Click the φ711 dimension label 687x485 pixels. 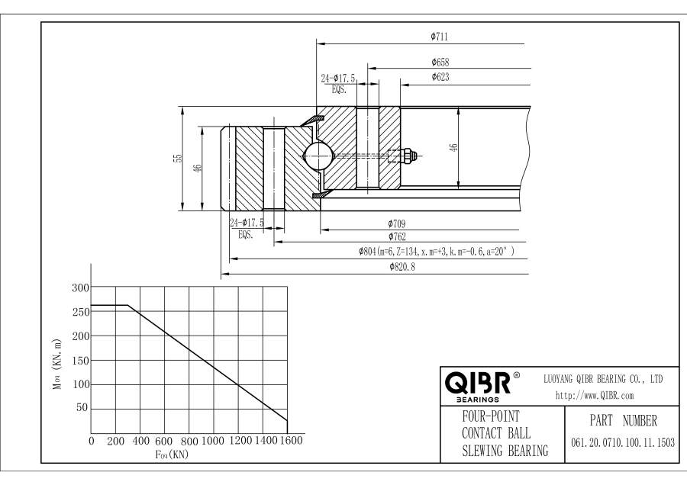pyautogui.click(x=439, y=36)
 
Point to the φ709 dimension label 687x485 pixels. pyautogui.click(x=395, y=223)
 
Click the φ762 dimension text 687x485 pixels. pyautogui.click(x=395, y=237)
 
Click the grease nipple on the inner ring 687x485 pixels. pyautogui.click(x=408, y=156)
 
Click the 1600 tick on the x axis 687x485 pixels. pyautogui.click(x=289, y=441)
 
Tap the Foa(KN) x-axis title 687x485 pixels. pyautogui.click(x=172, y=454)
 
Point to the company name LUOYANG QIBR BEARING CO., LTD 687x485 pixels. pyautogui.click(x=602, y=379)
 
